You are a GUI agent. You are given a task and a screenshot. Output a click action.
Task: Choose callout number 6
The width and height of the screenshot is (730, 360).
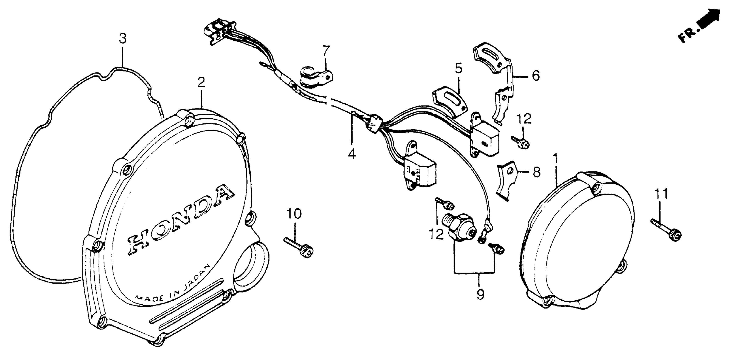pyautogui.click(x=535, y=76)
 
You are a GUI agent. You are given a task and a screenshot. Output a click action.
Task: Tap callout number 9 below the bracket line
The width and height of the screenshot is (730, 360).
pyautogui.click(x=480, y=295)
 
